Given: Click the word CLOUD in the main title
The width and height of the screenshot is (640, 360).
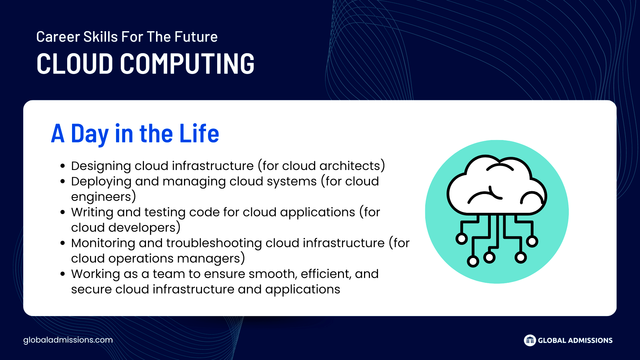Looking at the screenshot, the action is click(74, 64).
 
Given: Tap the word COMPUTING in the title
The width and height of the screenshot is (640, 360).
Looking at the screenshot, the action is click(187, 64).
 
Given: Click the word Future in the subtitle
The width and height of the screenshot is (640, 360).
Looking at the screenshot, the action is click(196, 36).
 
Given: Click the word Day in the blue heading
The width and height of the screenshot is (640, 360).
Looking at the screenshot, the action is click(90, 134).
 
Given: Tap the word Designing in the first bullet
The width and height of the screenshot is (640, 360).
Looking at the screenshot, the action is click(101, 166).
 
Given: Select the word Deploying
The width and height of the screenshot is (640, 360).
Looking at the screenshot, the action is click(101, 182).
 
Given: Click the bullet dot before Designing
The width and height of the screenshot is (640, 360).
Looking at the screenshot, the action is click(63, 166).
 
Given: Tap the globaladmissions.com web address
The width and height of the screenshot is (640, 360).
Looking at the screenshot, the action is click(68, 340).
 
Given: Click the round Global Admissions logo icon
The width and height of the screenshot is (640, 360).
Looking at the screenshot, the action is click(530, 340).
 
